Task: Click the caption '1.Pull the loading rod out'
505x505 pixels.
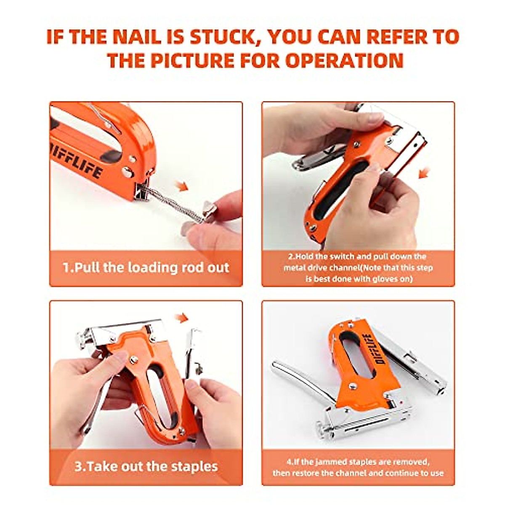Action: tap(146, 268)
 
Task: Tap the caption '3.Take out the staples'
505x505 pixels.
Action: tap(146, 466)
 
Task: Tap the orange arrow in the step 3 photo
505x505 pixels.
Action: tap(181, 318)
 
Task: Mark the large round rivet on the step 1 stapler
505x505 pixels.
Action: tap(126, 171)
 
